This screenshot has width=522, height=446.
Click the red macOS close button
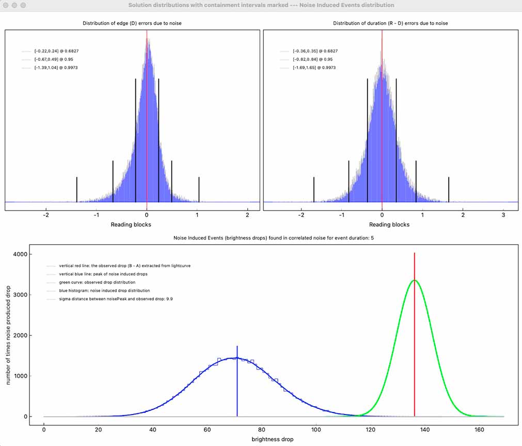point(7,5)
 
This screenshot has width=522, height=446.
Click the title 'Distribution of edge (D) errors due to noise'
point(132,23)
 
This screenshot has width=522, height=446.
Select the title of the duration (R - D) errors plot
point(390,23)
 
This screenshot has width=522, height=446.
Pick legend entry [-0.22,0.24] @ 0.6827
point(56,51)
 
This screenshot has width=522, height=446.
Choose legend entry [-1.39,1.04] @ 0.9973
point(56,68)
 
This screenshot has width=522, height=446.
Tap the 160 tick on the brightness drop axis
point(479,429)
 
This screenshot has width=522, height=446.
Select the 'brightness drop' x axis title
point(272,439)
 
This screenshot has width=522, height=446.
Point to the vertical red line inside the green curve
point(414,336)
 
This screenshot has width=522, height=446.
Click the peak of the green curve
point(414,280)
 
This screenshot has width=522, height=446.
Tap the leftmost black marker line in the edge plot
point(77,189)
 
